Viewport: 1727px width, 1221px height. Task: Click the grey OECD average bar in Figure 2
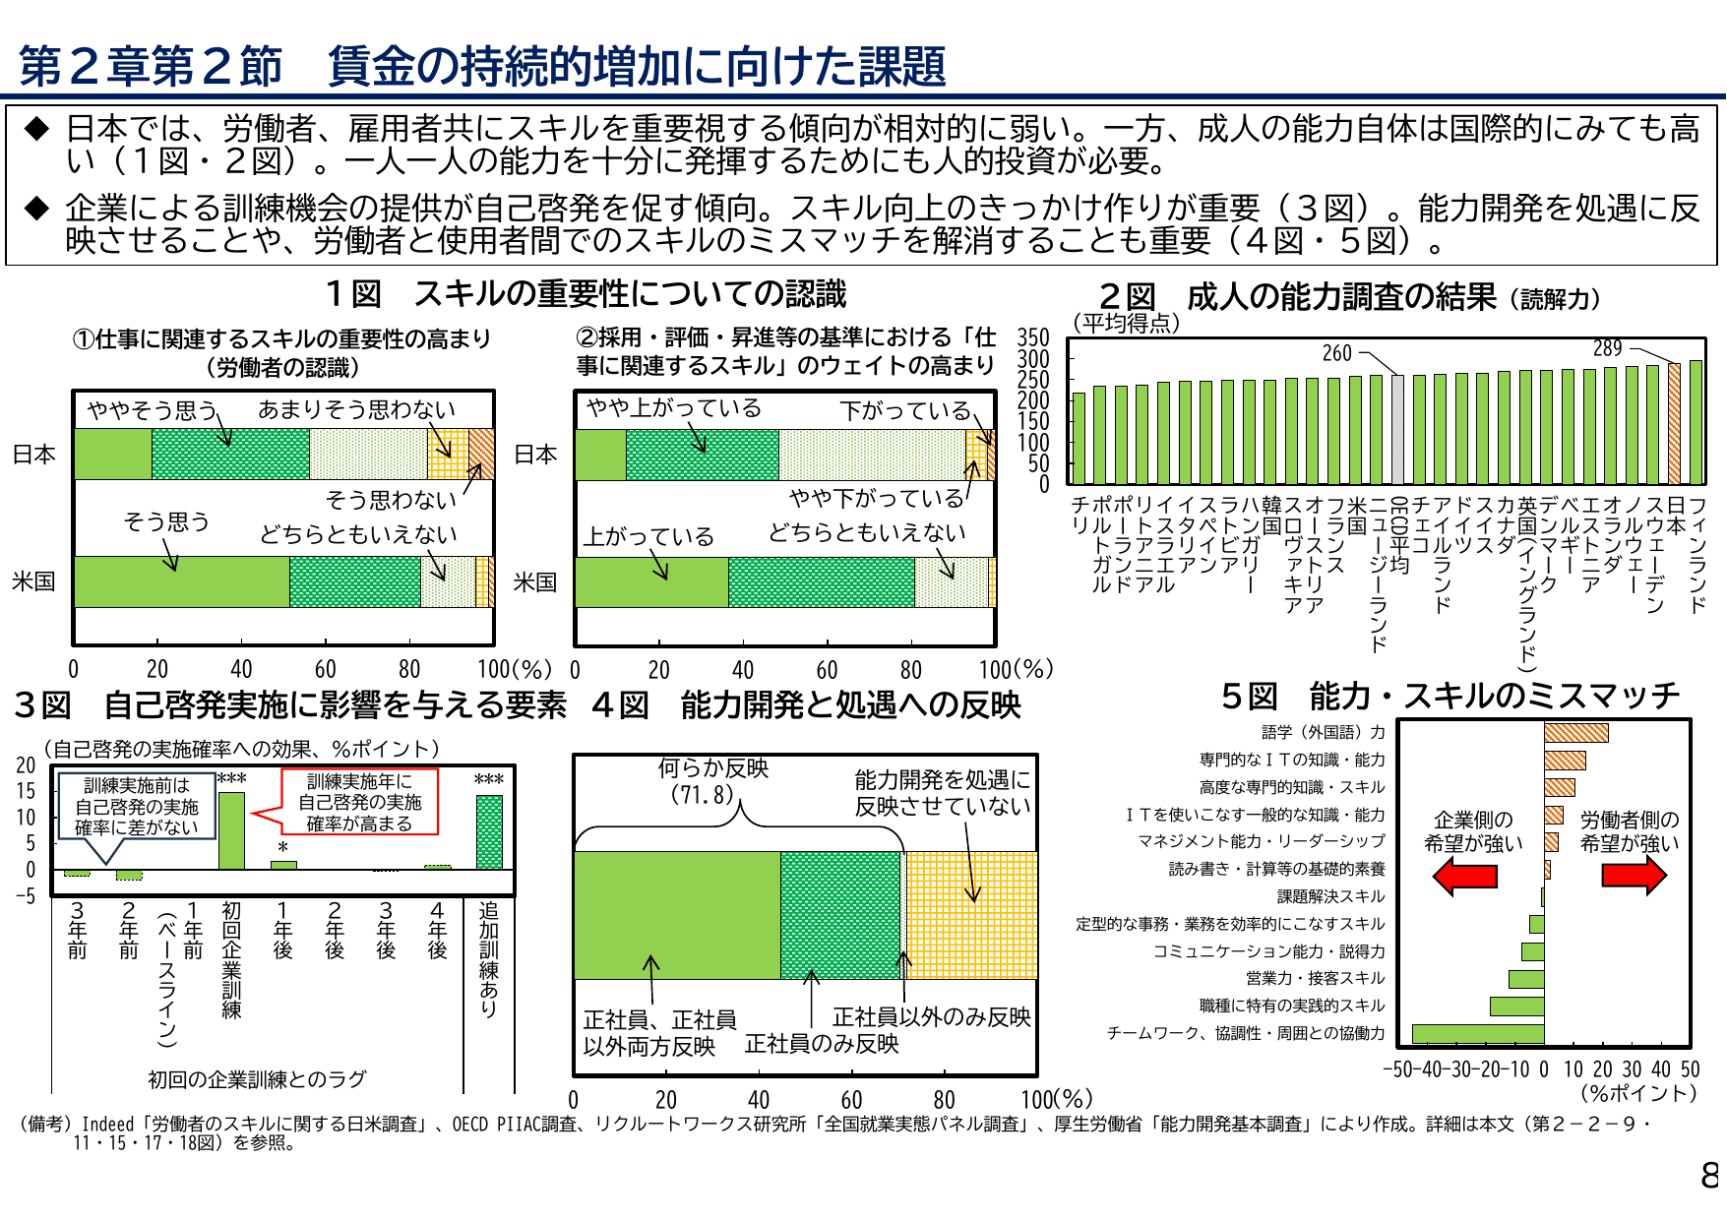(1398, 429)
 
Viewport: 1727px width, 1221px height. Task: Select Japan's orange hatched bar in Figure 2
(1674, 424)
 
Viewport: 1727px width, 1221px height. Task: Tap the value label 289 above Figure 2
(1607, 348)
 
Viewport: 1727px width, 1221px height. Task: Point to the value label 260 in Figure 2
(1336, 353)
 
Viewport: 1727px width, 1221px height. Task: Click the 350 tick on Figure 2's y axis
(1032, 338)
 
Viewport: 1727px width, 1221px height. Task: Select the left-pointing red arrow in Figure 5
(1464, 875)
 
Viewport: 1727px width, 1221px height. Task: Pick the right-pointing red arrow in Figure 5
(1634, 875)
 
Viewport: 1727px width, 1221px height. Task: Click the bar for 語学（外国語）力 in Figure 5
(1575, 733)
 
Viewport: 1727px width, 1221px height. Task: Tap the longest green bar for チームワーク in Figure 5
(1477, 1033)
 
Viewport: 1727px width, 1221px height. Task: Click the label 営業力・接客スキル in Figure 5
(1315, 978)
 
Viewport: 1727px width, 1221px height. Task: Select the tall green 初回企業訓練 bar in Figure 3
(231, 830)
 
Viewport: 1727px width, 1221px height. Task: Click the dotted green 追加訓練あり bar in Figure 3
(489, 832)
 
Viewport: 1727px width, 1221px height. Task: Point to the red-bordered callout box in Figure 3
(359, 802)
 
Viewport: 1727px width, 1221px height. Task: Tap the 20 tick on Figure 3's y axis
(26, 765)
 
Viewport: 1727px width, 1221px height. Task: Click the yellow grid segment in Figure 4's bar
(970, 915)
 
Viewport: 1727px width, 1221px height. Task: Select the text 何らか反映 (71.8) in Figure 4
(712, 781)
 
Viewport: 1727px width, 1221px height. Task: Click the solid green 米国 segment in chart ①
(181, 581)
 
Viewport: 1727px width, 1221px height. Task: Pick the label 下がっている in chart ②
(904, 410)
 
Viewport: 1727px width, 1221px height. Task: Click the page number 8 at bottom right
(1710, 1175)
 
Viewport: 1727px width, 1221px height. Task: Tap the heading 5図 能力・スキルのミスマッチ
(1450, 697)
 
